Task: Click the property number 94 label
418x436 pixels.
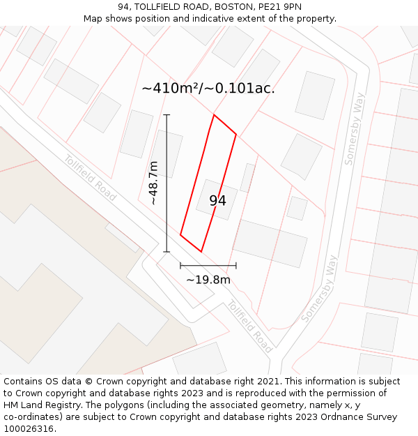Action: [x=217, y=201]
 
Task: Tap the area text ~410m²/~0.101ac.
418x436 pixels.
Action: [x=208, y=89]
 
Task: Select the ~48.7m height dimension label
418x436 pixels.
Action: [x=153, y=183]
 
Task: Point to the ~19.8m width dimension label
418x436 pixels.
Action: [x=208, y=280]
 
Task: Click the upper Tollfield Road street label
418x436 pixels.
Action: [x=90, y=179]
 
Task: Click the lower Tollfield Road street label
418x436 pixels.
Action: [x=249, y=326]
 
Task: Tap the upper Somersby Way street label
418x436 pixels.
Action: [x=355, y=128]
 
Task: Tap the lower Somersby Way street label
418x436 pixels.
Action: [x=320, y=288]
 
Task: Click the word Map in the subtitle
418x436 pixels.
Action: [x=94, y=19]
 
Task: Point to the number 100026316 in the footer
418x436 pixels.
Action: [x=29, y=429]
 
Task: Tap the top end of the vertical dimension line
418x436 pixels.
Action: [x=167, y=114]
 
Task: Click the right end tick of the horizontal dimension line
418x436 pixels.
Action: [x=236, y=265]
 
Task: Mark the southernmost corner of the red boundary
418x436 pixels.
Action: [x=201, y=251]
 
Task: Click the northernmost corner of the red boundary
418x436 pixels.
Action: [x=214, y=115]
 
